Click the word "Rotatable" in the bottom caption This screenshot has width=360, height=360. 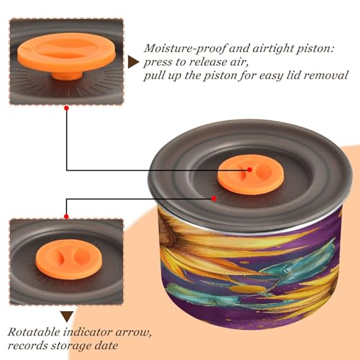click(34, 332)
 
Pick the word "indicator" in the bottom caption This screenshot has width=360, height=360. click(88, 332)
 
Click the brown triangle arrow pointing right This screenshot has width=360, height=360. click(133, 62)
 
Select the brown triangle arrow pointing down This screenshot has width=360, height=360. click(67, 316)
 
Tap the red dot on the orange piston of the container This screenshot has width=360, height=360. click(250, 170)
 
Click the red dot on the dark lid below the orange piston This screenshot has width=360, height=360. click(214, 199)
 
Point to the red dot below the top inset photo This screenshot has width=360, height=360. click(67, 108)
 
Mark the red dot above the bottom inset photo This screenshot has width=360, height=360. click(66, 217)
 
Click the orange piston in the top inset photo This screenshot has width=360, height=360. click(67, 53)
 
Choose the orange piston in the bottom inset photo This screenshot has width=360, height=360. click(69, 259)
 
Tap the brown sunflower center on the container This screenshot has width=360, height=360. click(168, 230)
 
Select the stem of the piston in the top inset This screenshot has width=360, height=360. click(67, 75)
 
